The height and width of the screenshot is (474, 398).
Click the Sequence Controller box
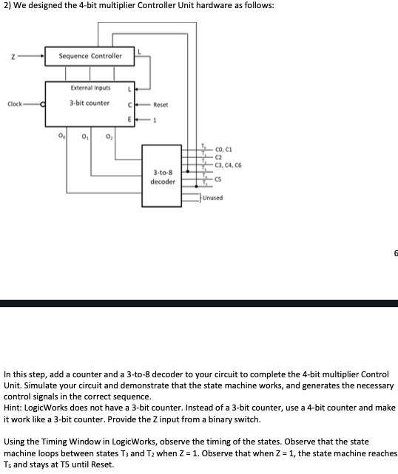pos(91,56)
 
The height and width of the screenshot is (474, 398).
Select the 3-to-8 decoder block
pos(162,177)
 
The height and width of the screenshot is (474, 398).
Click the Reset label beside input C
pos(162,104)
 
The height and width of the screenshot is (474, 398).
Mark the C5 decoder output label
pos(220,178)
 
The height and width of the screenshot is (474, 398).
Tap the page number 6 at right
pos(395,253)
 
